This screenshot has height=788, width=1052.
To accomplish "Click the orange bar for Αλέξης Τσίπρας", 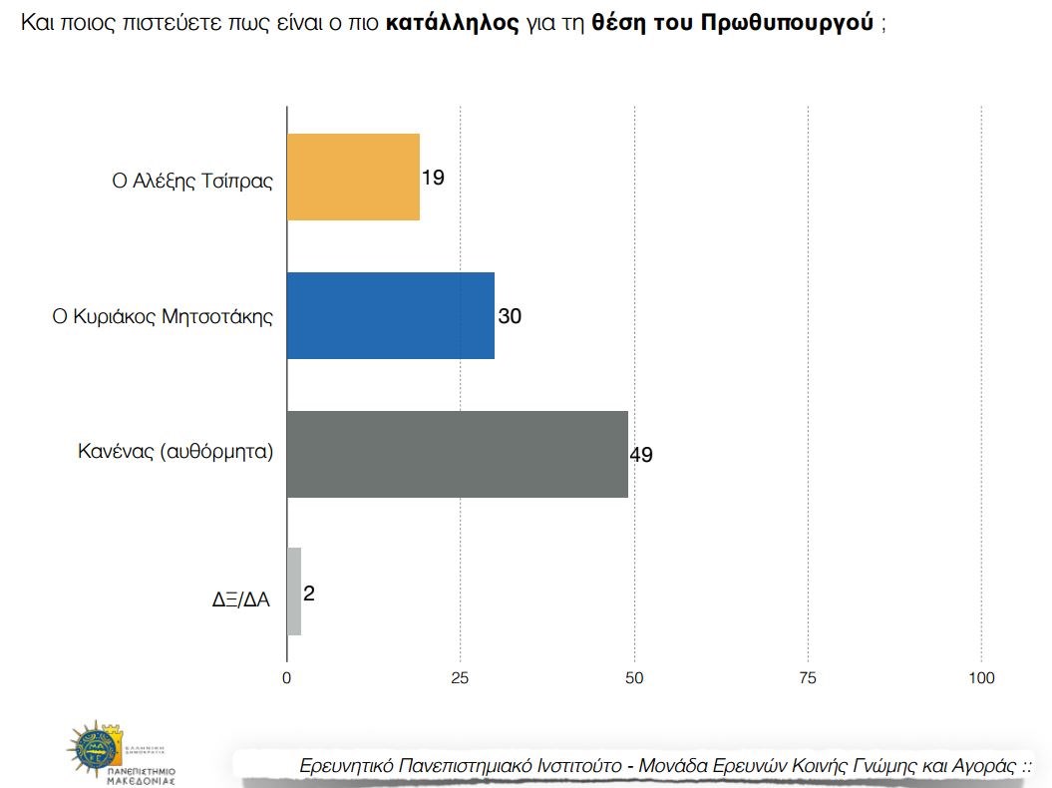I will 353,178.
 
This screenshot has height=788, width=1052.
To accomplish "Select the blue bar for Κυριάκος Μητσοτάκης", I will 390,315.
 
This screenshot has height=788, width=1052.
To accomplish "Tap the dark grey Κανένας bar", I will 457,454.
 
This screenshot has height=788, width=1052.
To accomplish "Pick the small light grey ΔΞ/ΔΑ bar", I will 294,591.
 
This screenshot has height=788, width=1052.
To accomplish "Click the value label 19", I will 433,179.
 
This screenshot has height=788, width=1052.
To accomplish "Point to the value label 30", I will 510,317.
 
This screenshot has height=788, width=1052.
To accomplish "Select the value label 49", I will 641,455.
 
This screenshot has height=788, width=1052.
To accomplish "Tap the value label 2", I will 309,593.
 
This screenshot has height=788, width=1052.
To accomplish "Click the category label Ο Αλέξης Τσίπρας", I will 191,182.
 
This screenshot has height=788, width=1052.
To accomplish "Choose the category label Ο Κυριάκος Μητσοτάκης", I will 163,317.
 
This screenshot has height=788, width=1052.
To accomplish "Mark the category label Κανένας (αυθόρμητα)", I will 175,451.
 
